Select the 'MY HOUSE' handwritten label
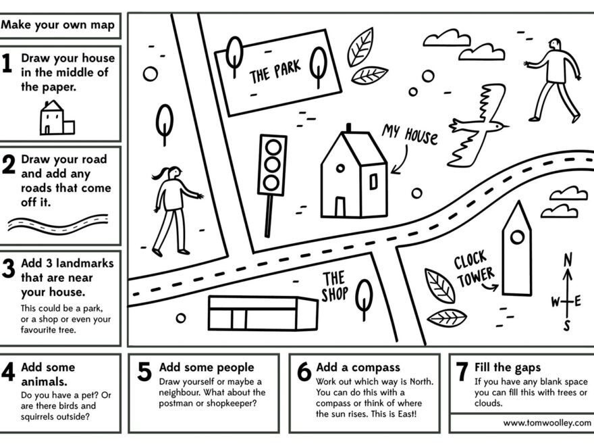[x=410, y=133]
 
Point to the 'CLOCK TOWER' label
[x=473, y=269]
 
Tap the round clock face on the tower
[x=517, y=237]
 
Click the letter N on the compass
[x=568, y=259]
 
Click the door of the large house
[x=340, y=206]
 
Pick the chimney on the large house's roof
[x=348, y=128]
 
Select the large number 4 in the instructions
[x=9, y=372]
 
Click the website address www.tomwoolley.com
[x=547, y=423]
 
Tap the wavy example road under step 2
[x=58, y=224]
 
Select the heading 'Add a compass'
[x=358, y=368]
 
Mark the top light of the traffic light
[x=273, y=147]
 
